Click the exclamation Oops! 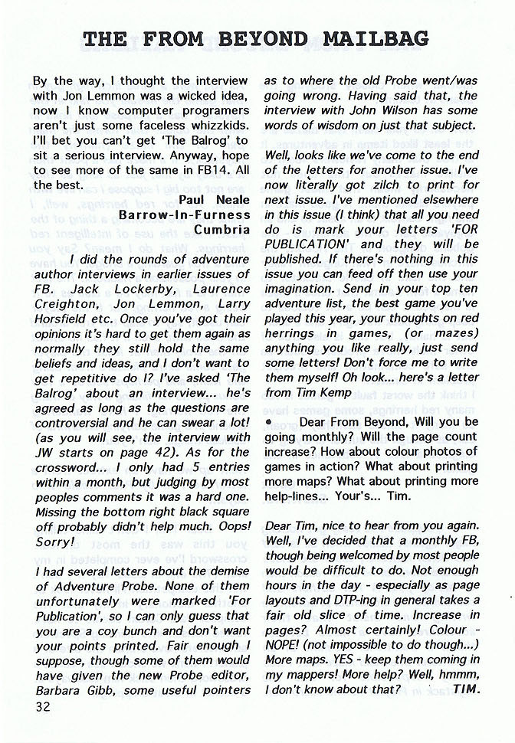pyautogui.click(x=227, y=512)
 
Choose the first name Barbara pyautogui.click(x=61, y=691)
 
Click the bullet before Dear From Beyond pyautogui.click(x=269, y=422)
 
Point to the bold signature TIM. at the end pyautogui.click(x=466, y=690)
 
